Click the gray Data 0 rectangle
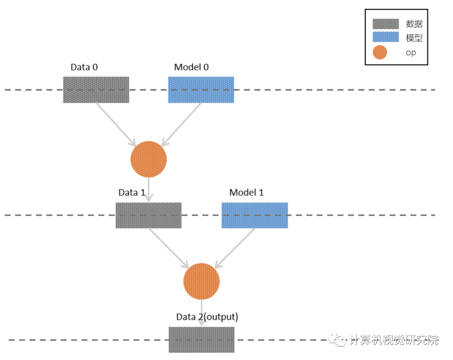click(96, 90)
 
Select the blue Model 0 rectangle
click(201, 90)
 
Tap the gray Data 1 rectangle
click(148, 216)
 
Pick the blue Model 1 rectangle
click(255, 216)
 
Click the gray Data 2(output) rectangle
click(202, 340)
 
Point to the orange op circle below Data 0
click(148, 159)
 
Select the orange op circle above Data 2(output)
click(202, 281)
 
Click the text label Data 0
click(84, 67)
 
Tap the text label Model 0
click(191, 67)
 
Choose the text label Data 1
click(132, 193)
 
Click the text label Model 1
click(247, 193)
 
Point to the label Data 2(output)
click(207, 317)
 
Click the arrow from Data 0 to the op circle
click(116, 125)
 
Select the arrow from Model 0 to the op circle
click(182, 125)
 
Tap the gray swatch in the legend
click(386, 24)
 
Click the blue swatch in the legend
click(386, 37)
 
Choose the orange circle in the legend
click(380, 52)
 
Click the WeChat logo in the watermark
click(337, 340)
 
